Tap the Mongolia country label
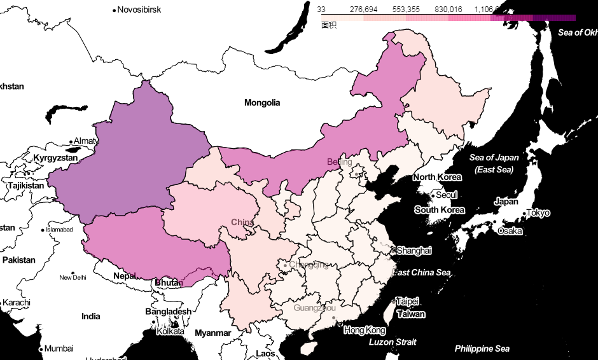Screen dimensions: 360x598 [x=262, y=102]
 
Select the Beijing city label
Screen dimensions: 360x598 [x=339, y=162]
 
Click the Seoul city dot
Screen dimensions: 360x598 [x=433, y=195]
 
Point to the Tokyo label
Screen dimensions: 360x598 [x=538, y=212]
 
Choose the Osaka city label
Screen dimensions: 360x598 [x=510, y=231]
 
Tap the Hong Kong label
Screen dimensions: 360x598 [x=365, y=330]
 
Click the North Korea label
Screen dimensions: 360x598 [x=437, y=177]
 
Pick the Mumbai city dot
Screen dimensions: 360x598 [x=41, y=349]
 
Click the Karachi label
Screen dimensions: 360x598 [x=17, y=303]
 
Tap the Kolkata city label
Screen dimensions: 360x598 [x=170, y=331]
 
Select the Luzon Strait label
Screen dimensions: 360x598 [x=393, y=342]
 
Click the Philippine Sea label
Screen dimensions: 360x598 [x=482, y=349]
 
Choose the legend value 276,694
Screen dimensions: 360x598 [x=364, y=10]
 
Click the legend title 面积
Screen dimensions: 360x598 [x=328, y=25]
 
